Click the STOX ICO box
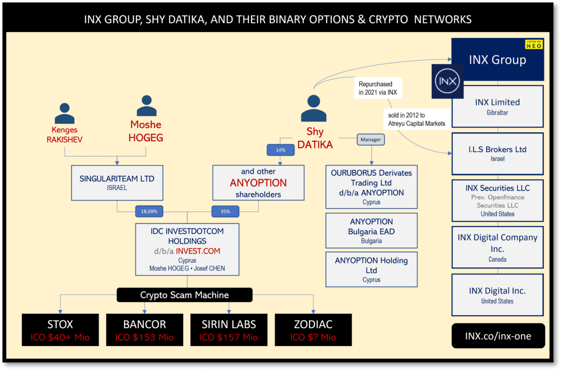pyautogui.click(x=60, y=330)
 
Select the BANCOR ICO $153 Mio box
pyautogui.click(x=145, y=330)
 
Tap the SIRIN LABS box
pyautogui.click(x=229, y=330)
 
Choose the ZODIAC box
pyautogui.click(x=313, y=330)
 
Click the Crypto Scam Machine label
pyautogui.click(x=184, y=295)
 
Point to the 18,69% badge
pyautogui.click(x=149, y=211)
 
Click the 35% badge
pyautogui.click(x=225, y=211)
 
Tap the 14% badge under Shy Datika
pyautogui.click(x=280, y=150)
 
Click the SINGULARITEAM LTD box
pyautogui.click(x=116, y=183)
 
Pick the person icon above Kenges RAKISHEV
pyautogui.click(x=64, y=113)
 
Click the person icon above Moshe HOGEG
pyautogui.click(x=146, y=106)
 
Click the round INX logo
pyautogui.click(x=447, y=82)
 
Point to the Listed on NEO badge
pyautogui.click(x=534, y=44)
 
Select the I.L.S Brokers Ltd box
pyautogui.click(x=497, y=153)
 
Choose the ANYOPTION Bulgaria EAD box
pyautogui.click(x=371, y=230)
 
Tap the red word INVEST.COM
pyautogui.click(x=198, y=251)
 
